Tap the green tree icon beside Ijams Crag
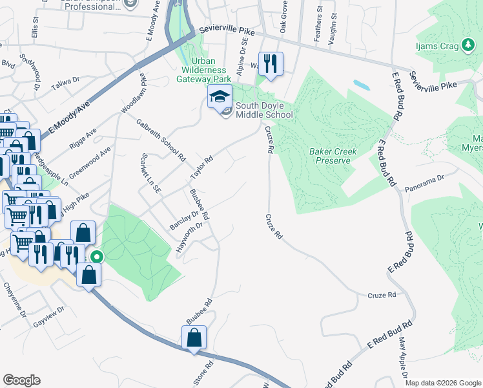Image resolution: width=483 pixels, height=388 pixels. point(468,46)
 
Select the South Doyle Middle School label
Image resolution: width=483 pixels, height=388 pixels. point(263,110)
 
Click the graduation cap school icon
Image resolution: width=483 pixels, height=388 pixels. point(220,97)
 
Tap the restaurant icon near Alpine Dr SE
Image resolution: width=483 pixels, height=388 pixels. point(271,64)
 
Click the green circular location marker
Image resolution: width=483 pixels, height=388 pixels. point(96,257)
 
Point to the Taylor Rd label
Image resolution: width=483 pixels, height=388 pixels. point(201,168)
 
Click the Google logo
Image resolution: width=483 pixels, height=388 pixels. point(21,380)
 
